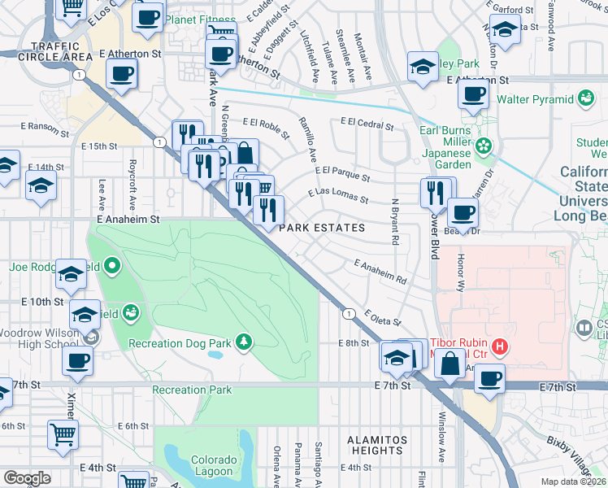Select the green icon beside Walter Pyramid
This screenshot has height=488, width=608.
pyautogui.click(x=584, y=99)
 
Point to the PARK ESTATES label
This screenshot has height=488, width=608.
pyautogui.click(x=322, y=229)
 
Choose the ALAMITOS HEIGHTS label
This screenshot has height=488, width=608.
pyautogui.click(x=365, y=445)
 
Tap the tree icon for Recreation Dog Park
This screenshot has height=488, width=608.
pyautogui.click(x=242, y=340)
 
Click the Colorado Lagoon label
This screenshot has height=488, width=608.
pyautogui.click(x=214, y=465)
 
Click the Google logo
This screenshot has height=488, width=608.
pyautogui.click(x=28, y=477)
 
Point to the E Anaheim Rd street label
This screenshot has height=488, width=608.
pyautogui.click(x=380, y=272)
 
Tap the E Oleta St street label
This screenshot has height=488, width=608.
pyautogui.click(x=383, y=317)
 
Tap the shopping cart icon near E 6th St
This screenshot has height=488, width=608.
pyautogui.click(x=63, y=435)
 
